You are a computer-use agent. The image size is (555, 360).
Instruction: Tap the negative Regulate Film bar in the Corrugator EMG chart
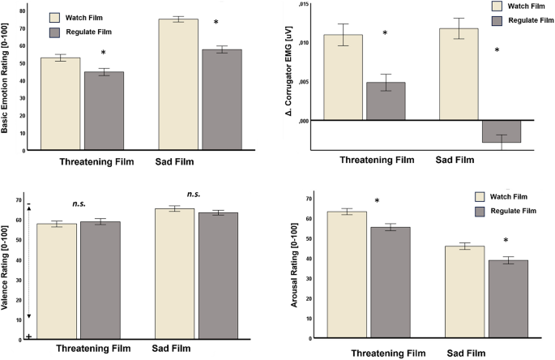(x=502, y=131)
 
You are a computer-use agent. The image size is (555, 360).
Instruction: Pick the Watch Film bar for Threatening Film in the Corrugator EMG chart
(x=344, y=77)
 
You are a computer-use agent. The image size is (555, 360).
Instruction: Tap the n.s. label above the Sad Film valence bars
(x=194, y=195)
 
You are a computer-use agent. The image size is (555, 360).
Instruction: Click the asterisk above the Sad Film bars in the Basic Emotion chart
(x=216, y=23)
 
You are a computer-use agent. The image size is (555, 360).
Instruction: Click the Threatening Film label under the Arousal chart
(x=376, y=354)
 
